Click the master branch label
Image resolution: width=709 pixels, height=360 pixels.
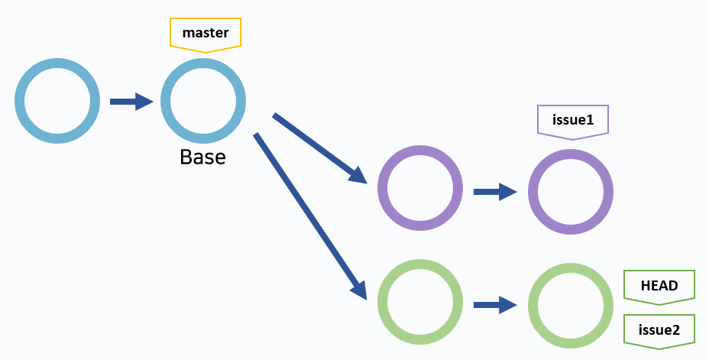click(206, 33)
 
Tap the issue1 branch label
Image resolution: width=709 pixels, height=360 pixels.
click(573, 120)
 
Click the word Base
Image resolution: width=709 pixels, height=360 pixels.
click(202, 157)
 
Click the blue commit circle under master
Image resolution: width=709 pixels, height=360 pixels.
click(203, 101)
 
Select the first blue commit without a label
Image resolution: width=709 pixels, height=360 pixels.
click(57, 101)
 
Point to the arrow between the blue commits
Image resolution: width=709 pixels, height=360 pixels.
click(131, 101)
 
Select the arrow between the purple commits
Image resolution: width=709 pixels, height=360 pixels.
click(495, 191)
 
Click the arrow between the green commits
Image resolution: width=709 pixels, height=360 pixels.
click(495, 304)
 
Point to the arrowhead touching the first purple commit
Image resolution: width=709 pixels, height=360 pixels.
click(358, 175)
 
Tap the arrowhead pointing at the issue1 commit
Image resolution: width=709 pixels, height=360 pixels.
click(508, 191)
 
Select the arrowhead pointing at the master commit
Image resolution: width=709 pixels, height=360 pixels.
click(144, 101)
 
